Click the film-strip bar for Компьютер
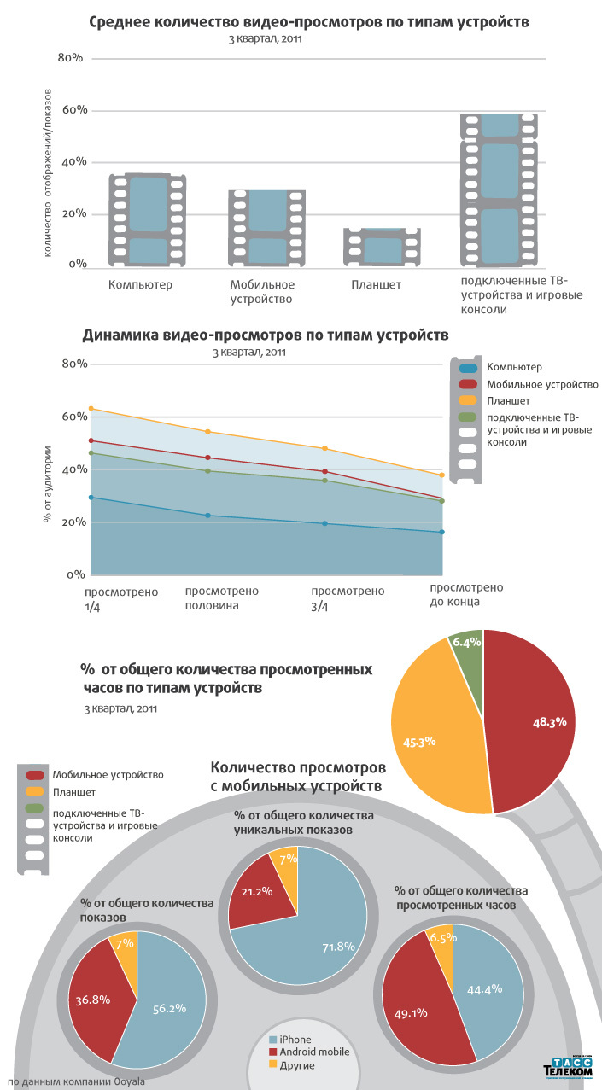[148, 220]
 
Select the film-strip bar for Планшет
[382, 248]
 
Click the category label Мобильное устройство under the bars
[262, 291]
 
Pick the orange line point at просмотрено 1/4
[91, 408]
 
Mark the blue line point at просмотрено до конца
[441, 533]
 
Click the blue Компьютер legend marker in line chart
[468, 368]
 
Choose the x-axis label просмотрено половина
[222, 597]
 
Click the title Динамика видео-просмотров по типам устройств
[266, 335]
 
